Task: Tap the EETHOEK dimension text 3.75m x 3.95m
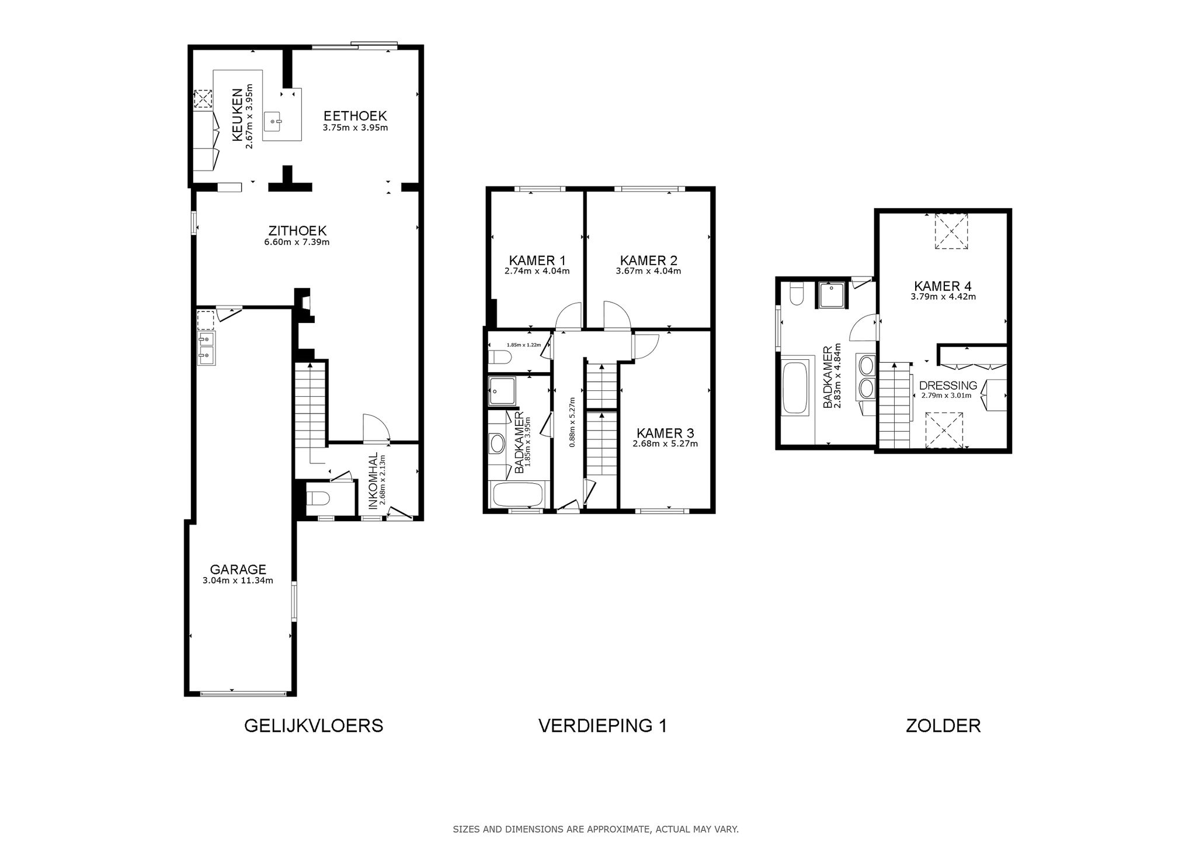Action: point(355,127)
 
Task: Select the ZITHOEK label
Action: point(297,231)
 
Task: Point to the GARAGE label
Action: point(238,569)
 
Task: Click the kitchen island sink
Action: point(273,122)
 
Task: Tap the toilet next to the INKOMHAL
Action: point(319,498)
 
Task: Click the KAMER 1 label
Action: point(537,261)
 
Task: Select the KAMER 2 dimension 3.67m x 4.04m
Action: point(648,271)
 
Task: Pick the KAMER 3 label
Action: point(665,433)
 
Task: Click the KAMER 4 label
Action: point(943,286)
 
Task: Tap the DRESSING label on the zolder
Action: point(948,386)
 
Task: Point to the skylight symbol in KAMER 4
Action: point(951,231)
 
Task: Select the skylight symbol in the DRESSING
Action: point(944,430)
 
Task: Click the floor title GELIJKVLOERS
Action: point(313,726)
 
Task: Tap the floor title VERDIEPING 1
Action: point(602,726)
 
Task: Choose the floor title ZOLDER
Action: point(943,726)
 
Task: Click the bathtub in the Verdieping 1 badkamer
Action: point(518,495)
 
